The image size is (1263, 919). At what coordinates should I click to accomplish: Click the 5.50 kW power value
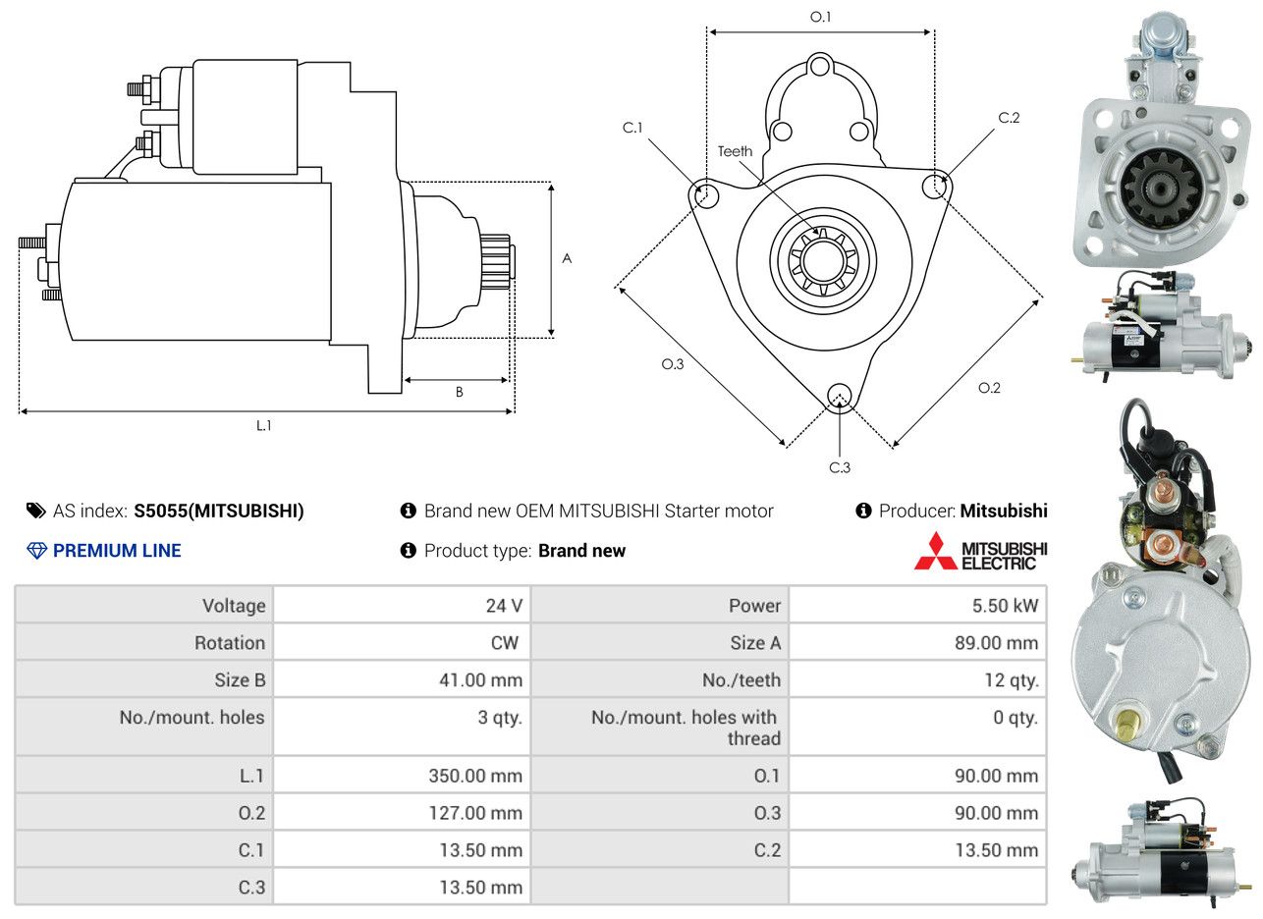[1005, 606]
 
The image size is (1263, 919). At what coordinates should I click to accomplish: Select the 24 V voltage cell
[504, 606]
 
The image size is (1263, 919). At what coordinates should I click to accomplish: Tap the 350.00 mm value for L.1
[475, 776]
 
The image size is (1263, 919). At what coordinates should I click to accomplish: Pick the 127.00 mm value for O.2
[475, 813]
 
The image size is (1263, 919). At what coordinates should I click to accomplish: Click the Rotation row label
[230, 643]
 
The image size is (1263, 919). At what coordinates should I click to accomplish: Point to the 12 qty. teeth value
[1012, 680]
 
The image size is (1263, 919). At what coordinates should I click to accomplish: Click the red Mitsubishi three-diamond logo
[936, 551]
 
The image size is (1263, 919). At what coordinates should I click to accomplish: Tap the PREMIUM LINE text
[117, 551]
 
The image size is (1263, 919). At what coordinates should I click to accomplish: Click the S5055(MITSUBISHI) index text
[219, 511]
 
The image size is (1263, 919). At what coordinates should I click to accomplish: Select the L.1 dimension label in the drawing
[264, 426]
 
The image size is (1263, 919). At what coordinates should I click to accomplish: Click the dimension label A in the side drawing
[568, 259]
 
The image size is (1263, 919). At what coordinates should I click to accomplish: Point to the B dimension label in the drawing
[460, 392]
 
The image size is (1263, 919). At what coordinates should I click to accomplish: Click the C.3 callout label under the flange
[840, 467]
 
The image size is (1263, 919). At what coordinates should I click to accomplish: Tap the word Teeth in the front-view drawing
[735, 151]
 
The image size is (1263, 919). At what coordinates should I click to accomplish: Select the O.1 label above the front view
[820, 17]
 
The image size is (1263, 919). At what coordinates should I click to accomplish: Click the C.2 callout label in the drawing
[1009, 118]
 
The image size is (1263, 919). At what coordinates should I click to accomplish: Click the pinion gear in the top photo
[1159, 190]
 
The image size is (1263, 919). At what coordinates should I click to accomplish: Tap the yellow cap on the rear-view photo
[1127, 724]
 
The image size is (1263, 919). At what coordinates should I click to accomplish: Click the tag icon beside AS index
[36, 511]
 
